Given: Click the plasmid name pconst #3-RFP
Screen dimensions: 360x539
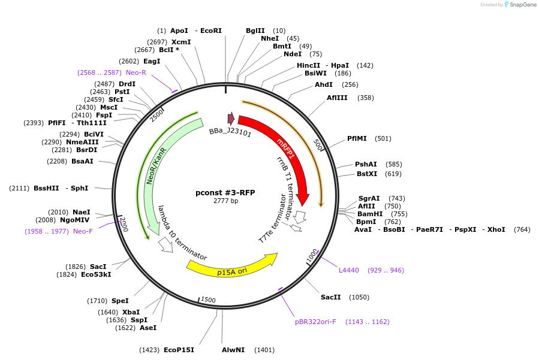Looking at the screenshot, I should pos(225,192).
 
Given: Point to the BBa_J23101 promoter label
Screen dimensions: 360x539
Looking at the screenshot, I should pos(230,132).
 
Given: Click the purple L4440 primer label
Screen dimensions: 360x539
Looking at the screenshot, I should pos(349,270).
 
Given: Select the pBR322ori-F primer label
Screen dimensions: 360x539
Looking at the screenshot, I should pos(315,322).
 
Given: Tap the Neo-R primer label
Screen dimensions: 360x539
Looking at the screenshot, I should pos(135,72).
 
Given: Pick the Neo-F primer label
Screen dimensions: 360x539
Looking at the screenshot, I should pos(83,231).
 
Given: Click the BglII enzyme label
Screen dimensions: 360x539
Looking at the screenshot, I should pos(255,31).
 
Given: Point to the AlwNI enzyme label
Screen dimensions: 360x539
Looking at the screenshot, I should pos(233,350).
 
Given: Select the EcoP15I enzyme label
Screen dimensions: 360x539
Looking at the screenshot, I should pos(179,350).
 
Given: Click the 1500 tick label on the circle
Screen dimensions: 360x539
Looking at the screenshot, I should pos(208,300).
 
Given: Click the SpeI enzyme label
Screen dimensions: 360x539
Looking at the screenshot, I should pos(120,301).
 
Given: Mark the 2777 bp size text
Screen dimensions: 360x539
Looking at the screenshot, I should pos(225,201).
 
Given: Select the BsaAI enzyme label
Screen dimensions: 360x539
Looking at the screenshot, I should pos(82,161).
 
